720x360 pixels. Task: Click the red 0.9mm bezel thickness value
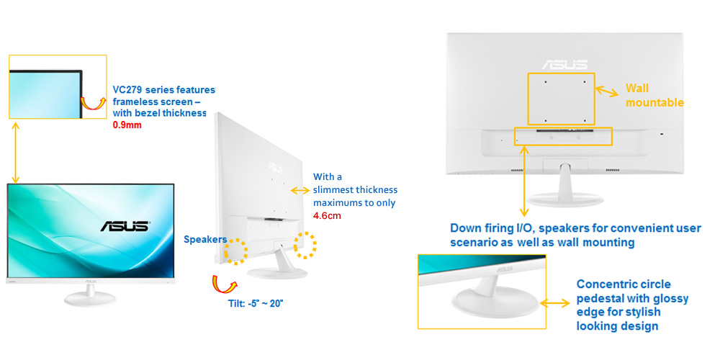click(127, 125)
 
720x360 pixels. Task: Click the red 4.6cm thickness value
click(328, 215)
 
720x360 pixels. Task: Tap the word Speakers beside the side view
click(205, 239)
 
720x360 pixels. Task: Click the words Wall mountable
click(654, 95)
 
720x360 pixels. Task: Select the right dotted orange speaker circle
click(305, 245)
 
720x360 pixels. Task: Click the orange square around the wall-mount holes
click(562, 99)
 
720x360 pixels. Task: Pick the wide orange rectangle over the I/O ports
click(563, 135)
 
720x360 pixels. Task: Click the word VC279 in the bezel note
click(128, 90)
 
